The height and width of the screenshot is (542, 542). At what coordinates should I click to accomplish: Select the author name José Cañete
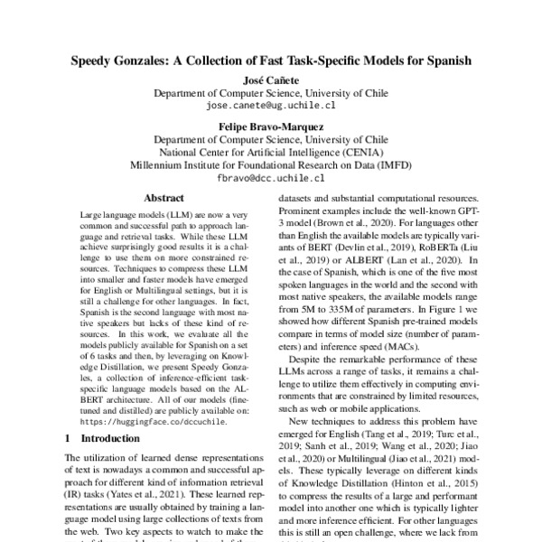click(x=270, y=80)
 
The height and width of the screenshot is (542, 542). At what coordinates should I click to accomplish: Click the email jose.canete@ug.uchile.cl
click(x=270, y=106)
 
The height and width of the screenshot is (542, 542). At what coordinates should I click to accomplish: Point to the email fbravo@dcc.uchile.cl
click(x=270, y=178)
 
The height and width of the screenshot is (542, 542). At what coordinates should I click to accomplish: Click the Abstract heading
click(x=164, y=198)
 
